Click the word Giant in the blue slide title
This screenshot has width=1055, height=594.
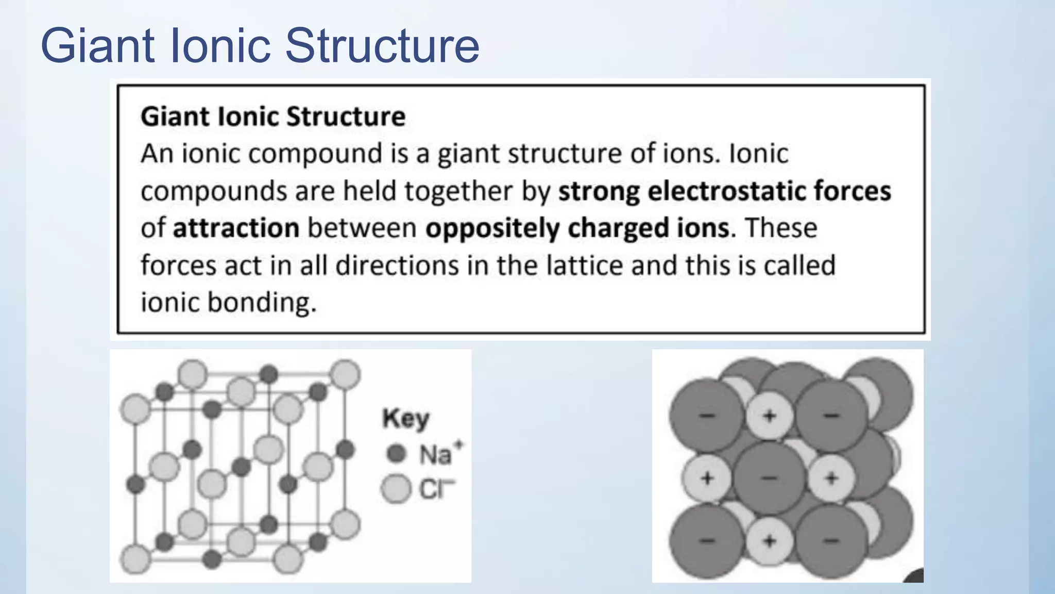tap(98, 46)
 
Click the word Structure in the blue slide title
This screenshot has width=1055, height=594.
tap(382, 46)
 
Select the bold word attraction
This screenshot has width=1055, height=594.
tap(236, 228)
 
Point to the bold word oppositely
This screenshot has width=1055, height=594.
tap(492, 228)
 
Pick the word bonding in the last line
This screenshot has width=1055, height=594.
tap(261, 302)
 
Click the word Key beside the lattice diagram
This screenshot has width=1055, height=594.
tap(405, 418)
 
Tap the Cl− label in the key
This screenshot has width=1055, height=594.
tap(437, 489)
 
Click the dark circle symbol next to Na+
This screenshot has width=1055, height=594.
tap(396, 454)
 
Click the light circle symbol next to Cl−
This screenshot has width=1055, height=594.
tap(396, 489)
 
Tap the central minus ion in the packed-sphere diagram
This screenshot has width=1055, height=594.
tap(769, 478)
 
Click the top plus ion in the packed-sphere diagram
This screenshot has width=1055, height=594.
tap(769, 416)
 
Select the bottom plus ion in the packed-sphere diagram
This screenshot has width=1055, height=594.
tap(769, 541)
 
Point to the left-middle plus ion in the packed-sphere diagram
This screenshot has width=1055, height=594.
tap(707, 478)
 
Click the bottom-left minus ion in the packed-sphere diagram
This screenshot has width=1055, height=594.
tap(707, 541)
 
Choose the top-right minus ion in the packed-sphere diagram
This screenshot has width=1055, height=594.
tap(831, 416)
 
